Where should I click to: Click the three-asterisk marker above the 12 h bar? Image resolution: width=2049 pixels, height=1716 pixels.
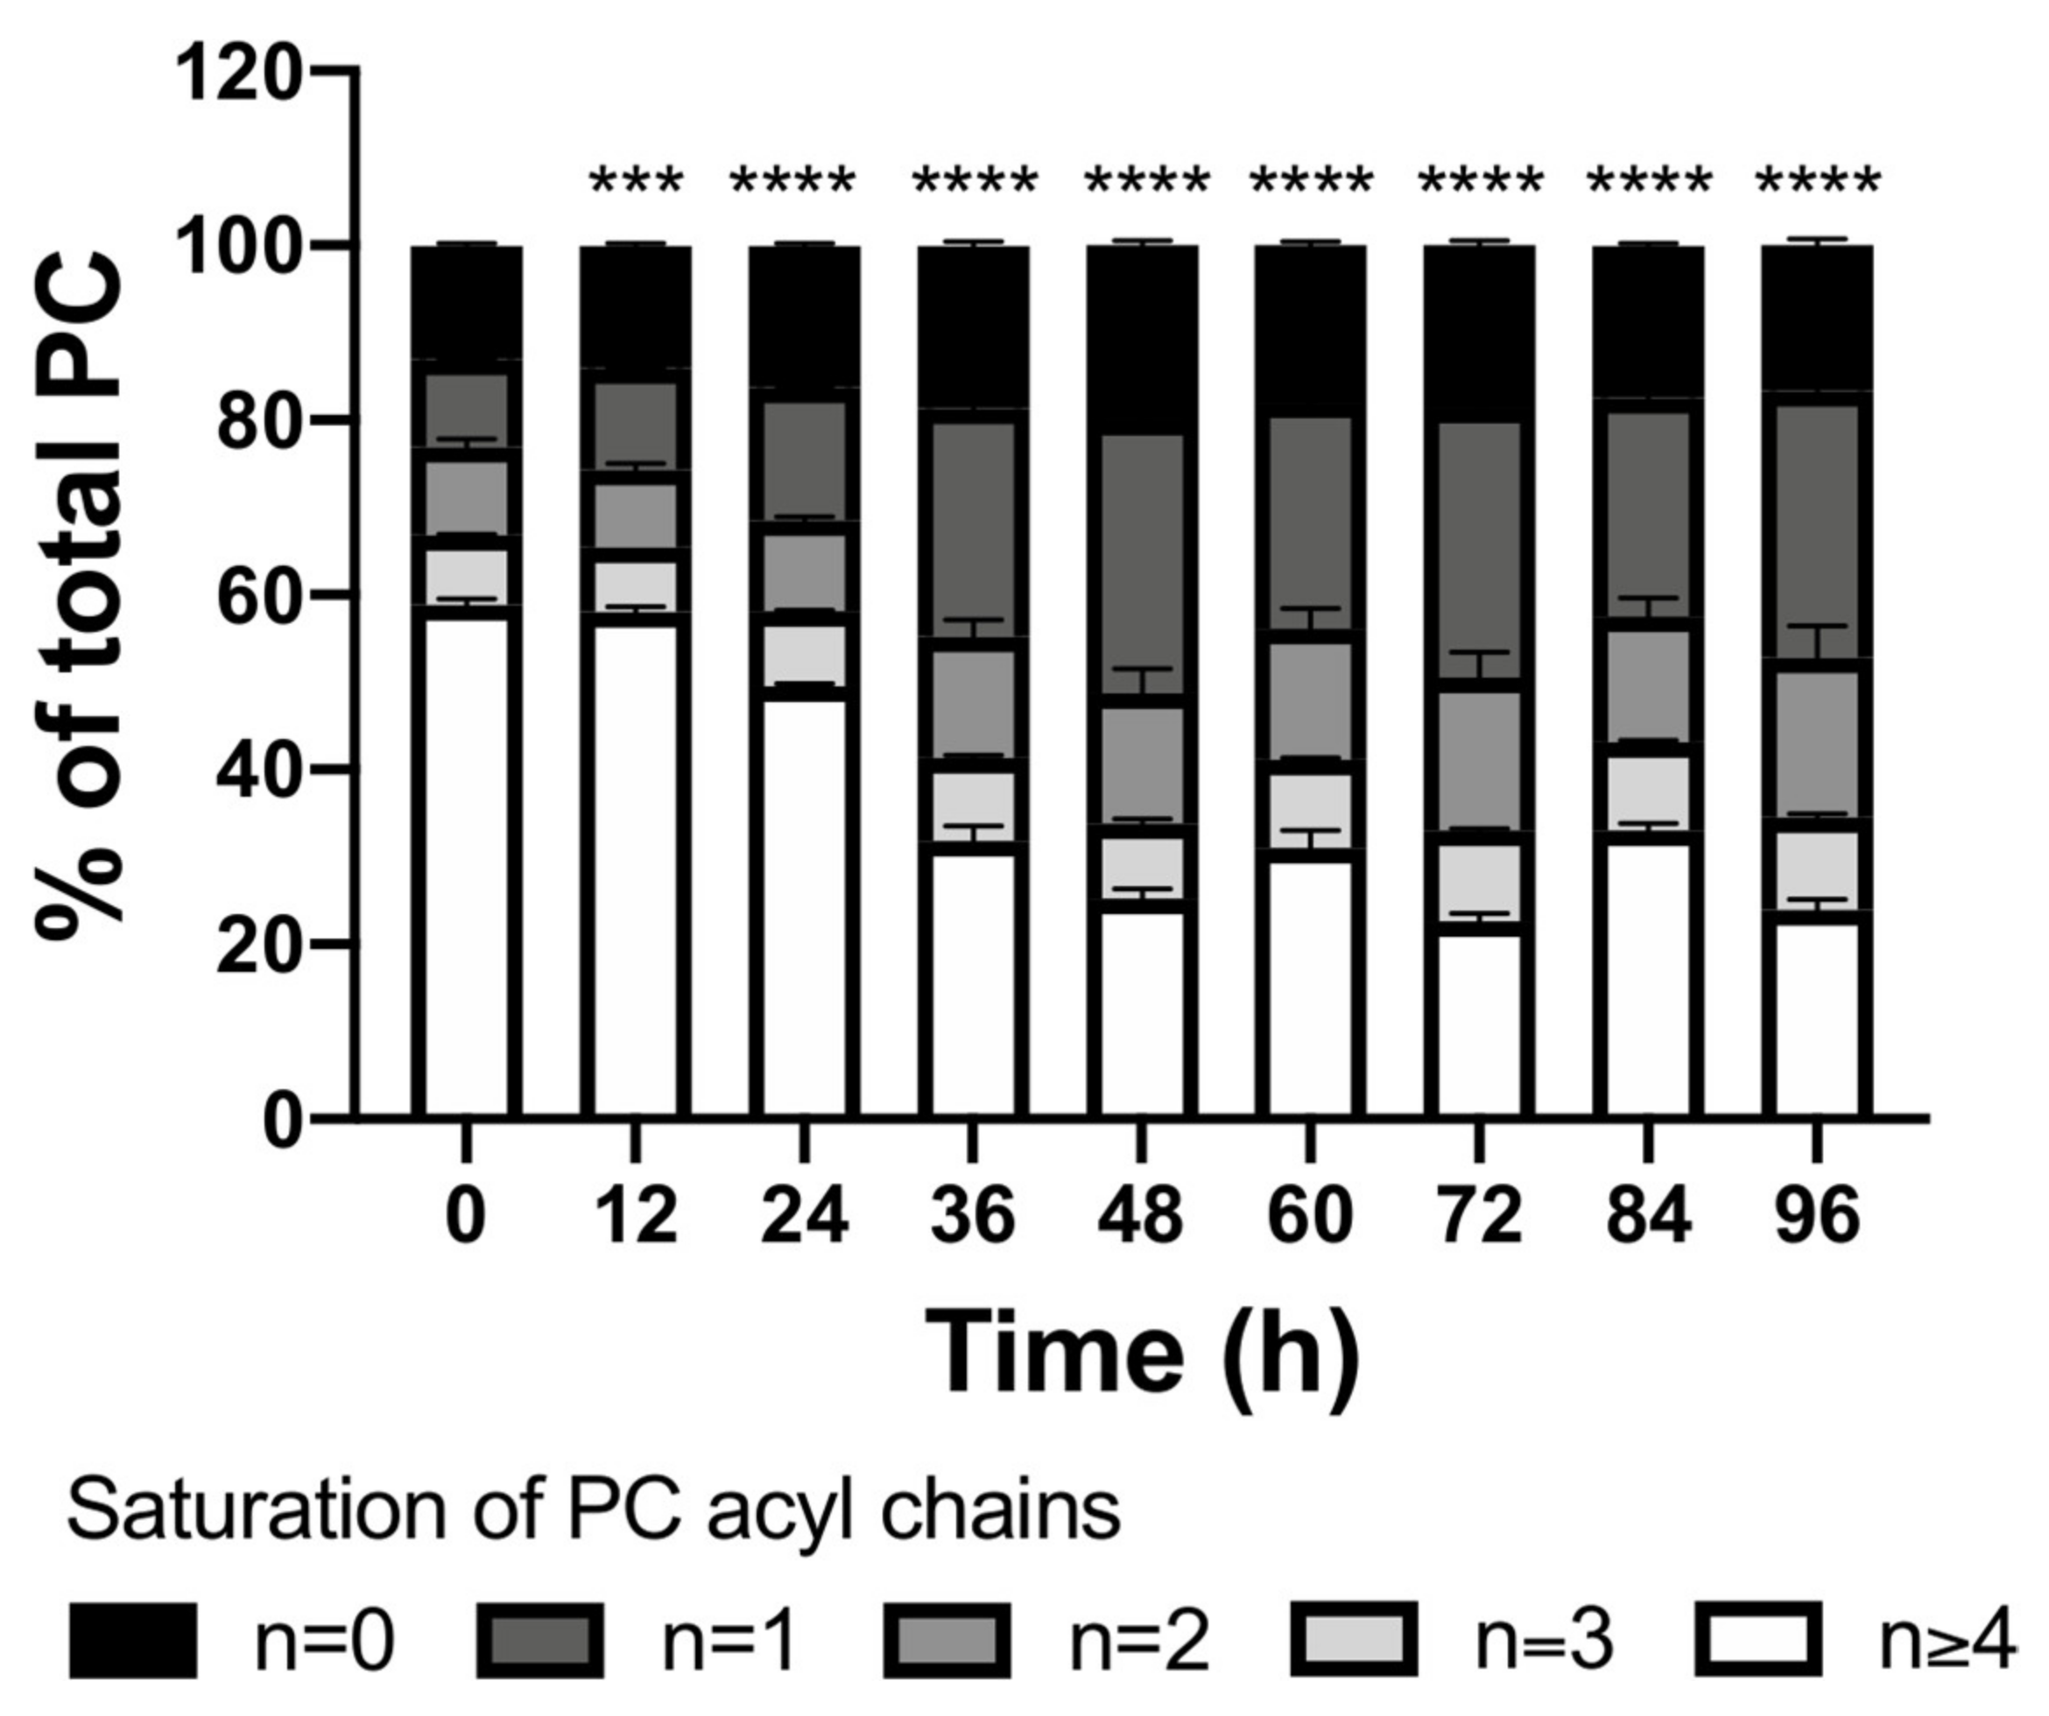pyautogui.click(x=637, y=182)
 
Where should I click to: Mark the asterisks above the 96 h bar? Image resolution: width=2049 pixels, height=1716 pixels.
pyautogui.click(x=1817, y=182)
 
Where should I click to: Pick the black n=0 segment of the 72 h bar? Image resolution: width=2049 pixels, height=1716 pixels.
pyautogui.click(x=1479, y=332)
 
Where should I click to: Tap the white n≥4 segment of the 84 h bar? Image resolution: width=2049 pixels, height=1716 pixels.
pyautogui.click(x=1648, y=975)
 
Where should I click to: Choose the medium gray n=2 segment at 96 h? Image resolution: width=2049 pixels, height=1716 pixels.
pyautogui.click(x=1817, y=743)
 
